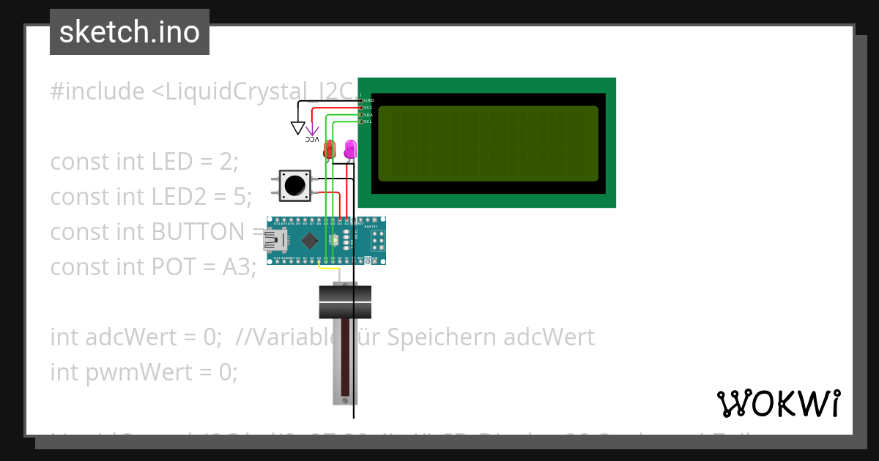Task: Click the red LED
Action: point(329,149)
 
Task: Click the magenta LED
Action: point(350,149)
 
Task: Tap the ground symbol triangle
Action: point(297,128)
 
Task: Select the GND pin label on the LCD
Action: point(368,100)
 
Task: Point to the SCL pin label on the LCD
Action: point(368,121)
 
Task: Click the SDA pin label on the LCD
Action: point(368,115)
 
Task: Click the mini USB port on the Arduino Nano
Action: point(276,239)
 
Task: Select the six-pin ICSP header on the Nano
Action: point(378,241)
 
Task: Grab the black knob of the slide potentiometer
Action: point(345,301)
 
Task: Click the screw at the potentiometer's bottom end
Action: point(345,400)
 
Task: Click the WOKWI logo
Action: point(778,403)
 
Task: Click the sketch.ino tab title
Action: point(130,32)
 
